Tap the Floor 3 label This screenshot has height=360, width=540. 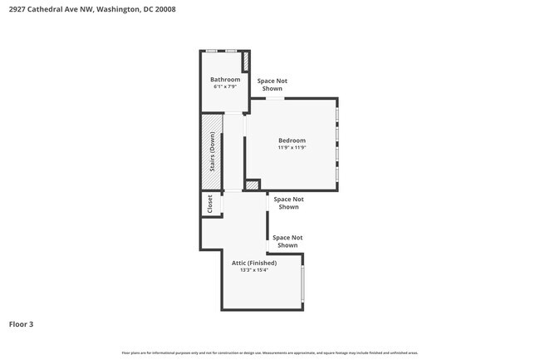(x=21, y=323)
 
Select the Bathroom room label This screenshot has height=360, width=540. (x=225, y=80)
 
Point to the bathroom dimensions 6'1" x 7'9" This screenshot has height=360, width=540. (x=225, y=86)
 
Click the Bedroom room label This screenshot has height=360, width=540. (x=292, y=141)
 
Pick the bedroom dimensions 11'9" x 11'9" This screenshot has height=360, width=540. (x=292, y=148)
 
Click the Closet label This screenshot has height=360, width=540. (x=210, y=205)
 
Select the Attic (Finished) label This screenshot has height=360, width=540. (x=254, y=263)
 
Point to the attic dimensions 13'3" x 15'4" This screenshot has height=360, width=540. (x=254, y=270)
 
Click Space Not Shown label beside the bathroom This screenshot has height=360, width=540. (x=272, y=85)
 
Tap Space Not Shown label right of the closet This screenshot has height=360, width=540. (x=288, y=203)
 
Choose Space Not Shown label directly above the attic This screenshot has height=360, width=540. (x=287, y=241)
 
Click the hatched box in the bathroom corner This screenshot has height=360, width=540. (x=245, y=62)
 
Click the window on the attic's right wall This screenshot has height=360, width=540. (x=303, y=284)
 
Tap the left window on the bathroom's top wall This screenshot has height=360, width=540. (x=213, y=52)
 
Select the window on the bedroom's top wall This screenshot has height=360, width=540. (x=275, y=99)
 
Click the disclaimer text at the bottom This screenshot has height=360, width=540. (x=270, y=353)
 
